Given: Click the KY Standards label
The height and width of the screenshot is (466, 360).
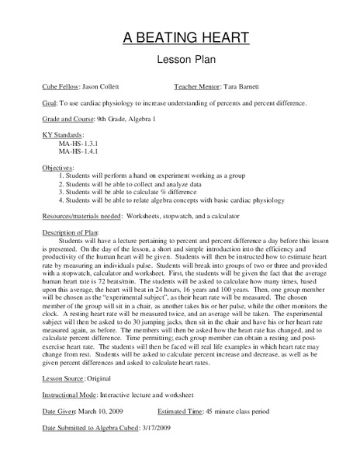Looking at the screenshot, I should pyautogui.click(x=64, y=135).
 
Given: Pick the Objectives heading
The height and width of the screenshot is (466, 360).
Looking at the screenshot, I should pyautogui.click(x=57, y=168).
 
